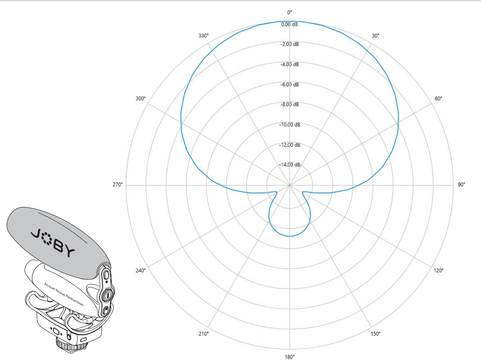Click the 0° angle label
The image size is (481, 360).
(290, 12)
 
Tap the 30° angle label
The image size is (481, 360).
(375, 36)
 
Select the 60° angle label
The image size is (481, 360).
(438, 98)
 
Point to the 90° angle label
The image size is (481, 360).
(461, 184)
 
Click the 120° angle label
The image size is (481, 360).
(438, 270)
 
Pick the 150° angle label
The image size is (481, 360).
(375, 333)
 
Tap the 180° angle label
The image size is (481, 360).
(290, 357)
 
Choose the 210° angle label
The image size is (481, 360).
(203, 333)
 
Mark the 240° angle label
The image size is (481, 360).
(141, 270)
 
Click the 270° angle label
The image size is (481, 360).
(117, 184)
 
